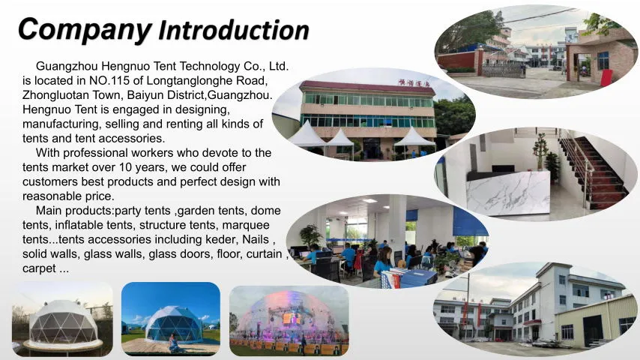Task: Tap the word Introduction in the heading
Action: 234,31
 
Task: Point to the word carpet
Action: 39,268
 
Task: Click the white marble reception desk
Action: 507,193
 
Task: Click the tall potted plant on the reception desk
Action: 540,152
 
